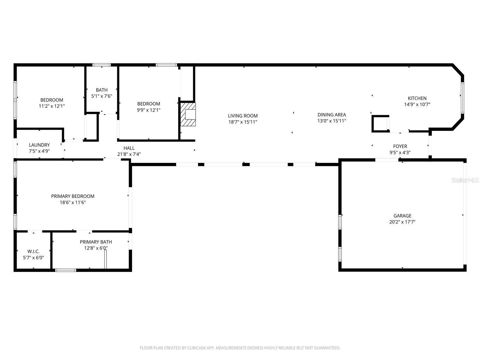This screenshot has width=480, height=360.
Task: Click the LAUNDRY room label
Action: tap(39, 145)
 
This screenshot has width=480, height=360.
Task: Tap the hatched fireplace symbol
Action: tap(188, 114)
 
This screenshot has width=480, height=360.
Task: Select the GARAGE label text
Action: tap(402, 216)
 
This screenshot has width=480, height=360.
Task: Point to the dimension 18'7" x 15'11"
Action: tap(242, 122)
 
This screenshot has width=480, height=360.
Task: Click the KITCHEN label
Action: tap(417, 98)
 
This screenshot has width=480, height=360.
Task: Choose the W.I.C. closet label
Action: tap(33, 251)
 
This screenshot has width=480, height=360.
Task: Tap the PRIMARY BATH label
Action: tap(96, 242)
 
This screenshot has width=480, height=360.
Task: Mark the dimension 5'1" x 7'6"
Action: tap(102, 96)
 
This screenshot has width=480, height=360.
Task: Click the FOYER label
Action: tap(400, 146)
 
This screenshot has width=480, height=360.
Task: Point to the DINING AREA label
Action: tap(331, 115)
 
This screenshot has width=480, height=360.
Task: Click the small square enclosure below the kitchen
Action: tap(380, 123)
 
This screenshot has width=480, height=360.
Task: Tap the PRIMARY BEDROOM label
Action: tap(73, 196)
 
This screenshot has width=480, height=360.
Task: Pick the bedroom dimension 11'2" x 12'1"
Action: tap(52, 106)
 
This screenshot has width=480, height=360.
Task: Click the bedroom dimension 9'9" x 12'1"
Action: tap(148, 110)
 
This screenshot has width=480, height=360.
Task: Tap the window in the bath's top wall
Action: tap(101, 65)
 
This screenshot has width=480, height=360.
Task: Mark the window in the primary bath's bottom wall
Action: tap(66, 270)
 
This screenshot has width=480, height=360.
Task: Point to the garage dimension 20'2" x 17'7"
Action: tap(402, 222)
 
